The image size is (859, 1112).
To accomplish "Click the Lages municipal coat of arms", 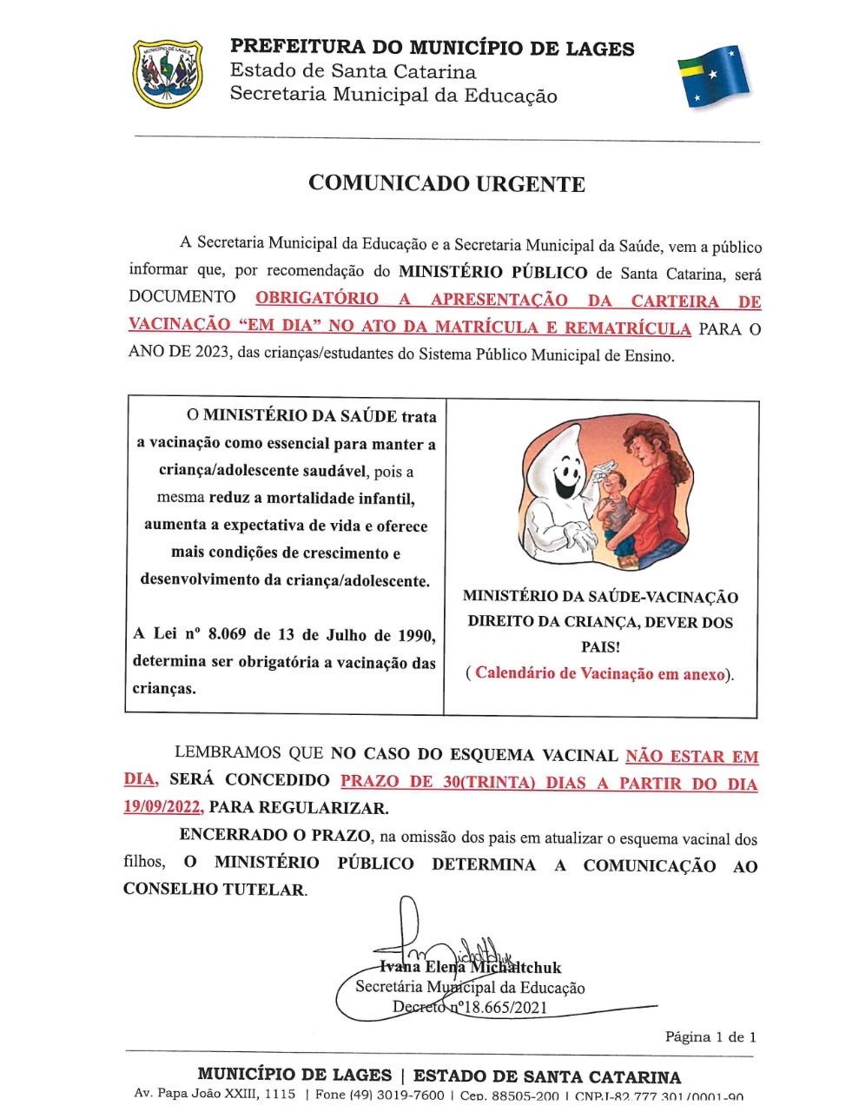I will pyautogui.click(x=168, y=74).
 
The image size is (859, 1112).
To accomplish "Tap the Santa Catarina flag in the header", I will pyautogui.click(x=713, y=76).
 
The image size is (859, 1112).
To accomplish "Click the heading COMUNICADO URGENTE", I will pyautogui.click(x=446, y=184).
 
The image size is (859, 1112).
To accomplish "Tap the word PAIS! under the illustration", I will pyautogui.click(x=600, y=647).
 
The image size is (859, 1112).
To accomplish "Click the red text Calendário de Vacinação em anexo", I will pyautogui.click(x=599, y=673).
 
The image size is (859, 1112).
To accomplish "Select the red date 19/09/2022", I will pyautogui.click(x=162, y=807).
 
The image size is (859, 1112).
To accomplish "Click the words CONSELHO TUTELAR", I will pyautogui.click(x=214, y=890).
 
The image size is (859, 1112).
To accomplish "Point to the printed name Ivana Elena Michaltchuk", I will pyautogui.click(x=470, y=968).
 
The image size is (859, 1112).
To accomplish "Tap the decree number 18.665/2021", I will pyautogui.click(x=494, y=1008).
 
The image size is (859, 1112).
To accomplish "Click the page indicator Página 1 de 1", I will pyautogui.click(x=710, y=1036).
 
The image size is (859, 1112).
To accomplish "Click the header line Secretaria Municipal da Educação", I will pyautogui.click(x=393, y=95).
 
